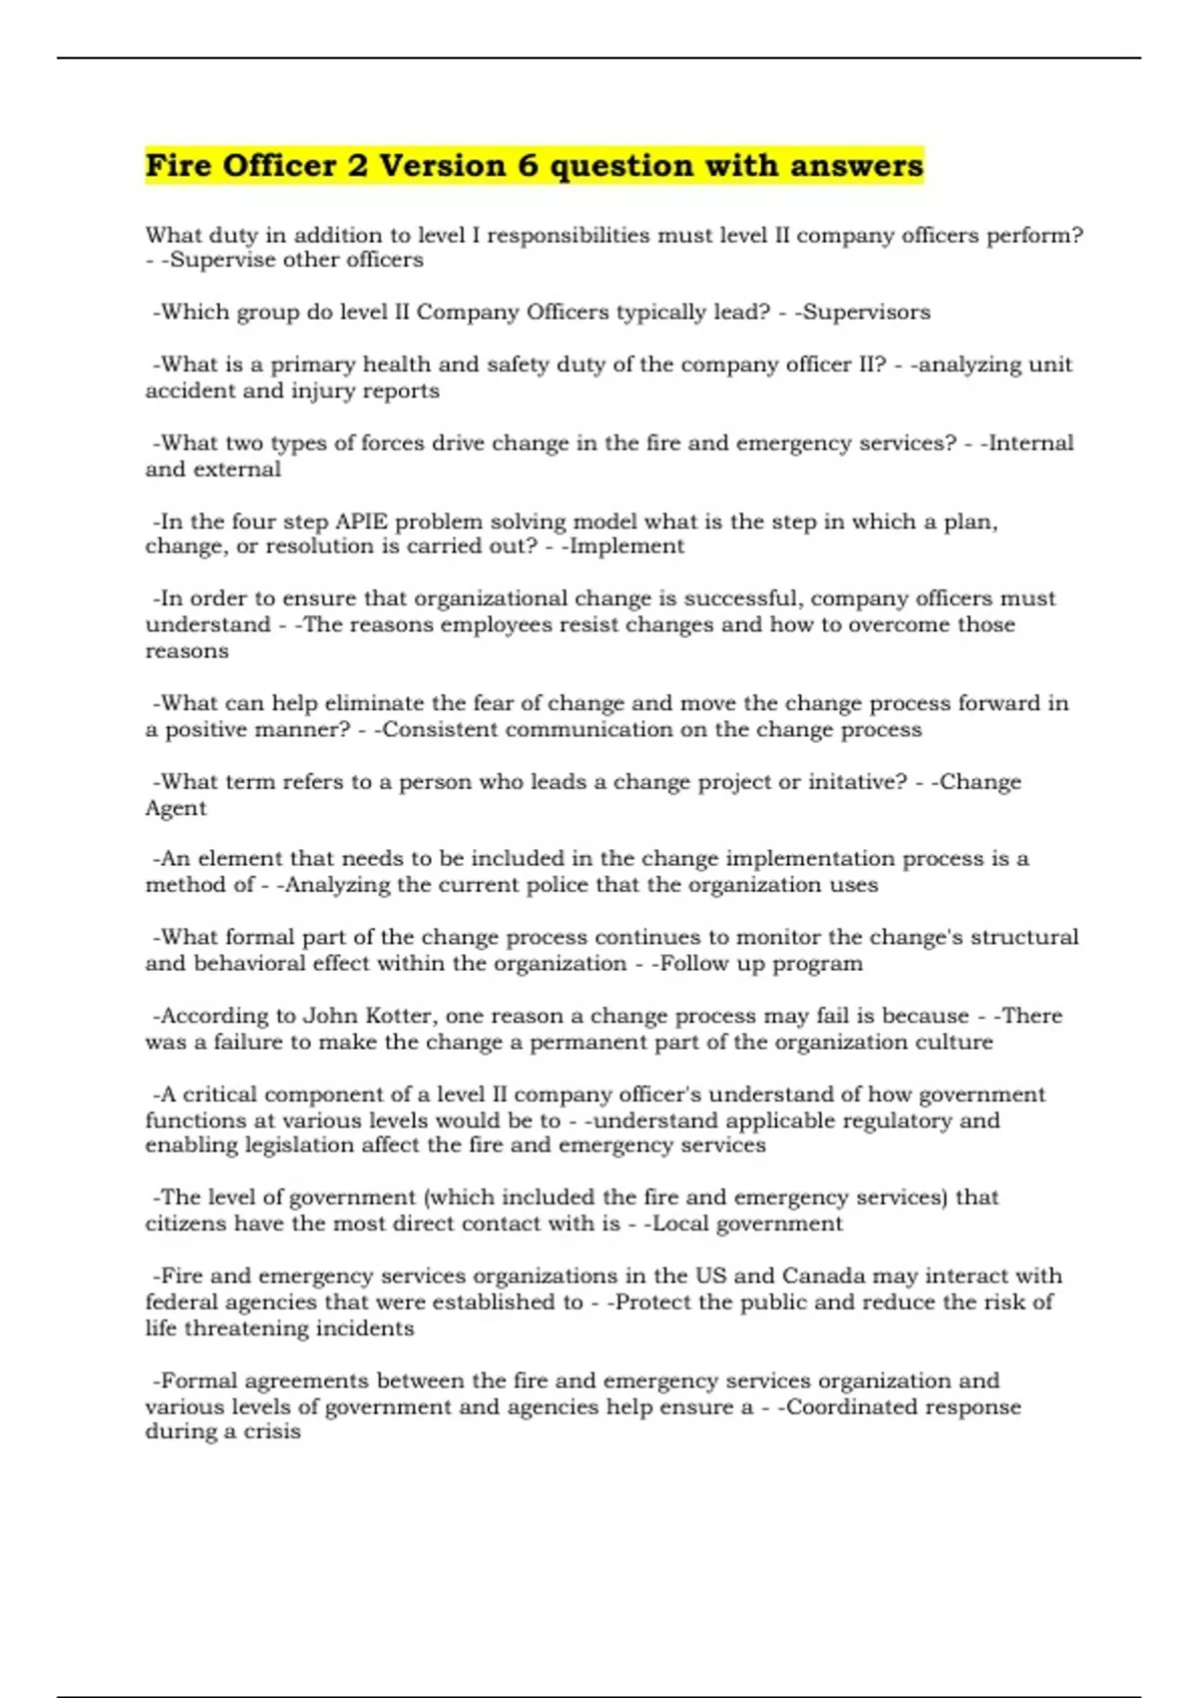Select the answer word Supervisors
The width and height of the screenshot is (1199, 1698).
click(x=867, y=313)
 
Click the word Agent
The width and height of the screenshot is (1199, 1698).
click(x=176, y=808)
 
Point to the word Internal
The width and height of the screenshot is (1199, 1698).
click(x=1031, y=443)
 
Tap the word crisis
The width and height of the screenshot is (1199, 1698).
click(x=271, y=1432)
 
